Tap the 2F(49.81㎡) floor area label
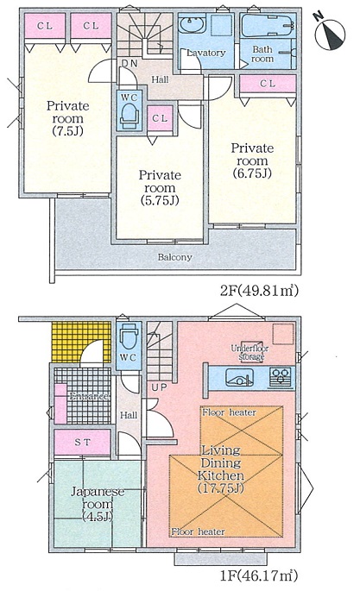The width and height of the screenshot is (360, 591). pos(259,290)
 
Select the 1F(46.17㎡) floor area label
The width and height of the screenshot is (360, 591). pos(259,575)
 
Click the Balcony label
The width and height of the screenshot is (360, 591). pos(175,257)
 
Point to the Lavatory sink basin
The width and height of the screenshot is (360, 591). pos(192,25)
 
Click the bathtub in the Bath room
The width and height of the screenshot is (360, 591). pos(267,25)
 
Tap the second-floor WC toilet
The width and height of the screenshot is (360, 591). pos(129,113)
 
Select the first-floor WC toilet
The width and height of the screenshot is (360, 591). pos(129,336)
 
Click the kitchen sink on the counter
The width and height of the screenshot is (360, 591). pos(239,377)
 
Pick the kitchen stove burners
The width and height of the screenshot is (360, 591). pos(281,378)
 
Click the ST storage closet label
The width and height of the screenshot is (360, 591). pos(83,442)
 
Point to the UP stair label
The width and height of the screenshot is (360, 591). pos(159,387)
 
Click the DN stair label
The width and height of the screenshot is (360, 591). pos(129,63)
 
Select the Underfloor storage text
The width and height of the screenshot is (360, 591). pos(248,352)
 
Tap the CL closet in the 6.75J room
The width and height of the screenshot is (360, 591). pos(268,84)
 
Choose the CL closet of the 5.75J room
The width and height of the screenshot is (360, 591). pos(160,118)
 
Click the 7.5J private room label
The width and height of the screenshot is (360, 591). pos(68,118)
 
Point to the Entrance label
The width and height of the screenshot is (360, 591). pos(89,397)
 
